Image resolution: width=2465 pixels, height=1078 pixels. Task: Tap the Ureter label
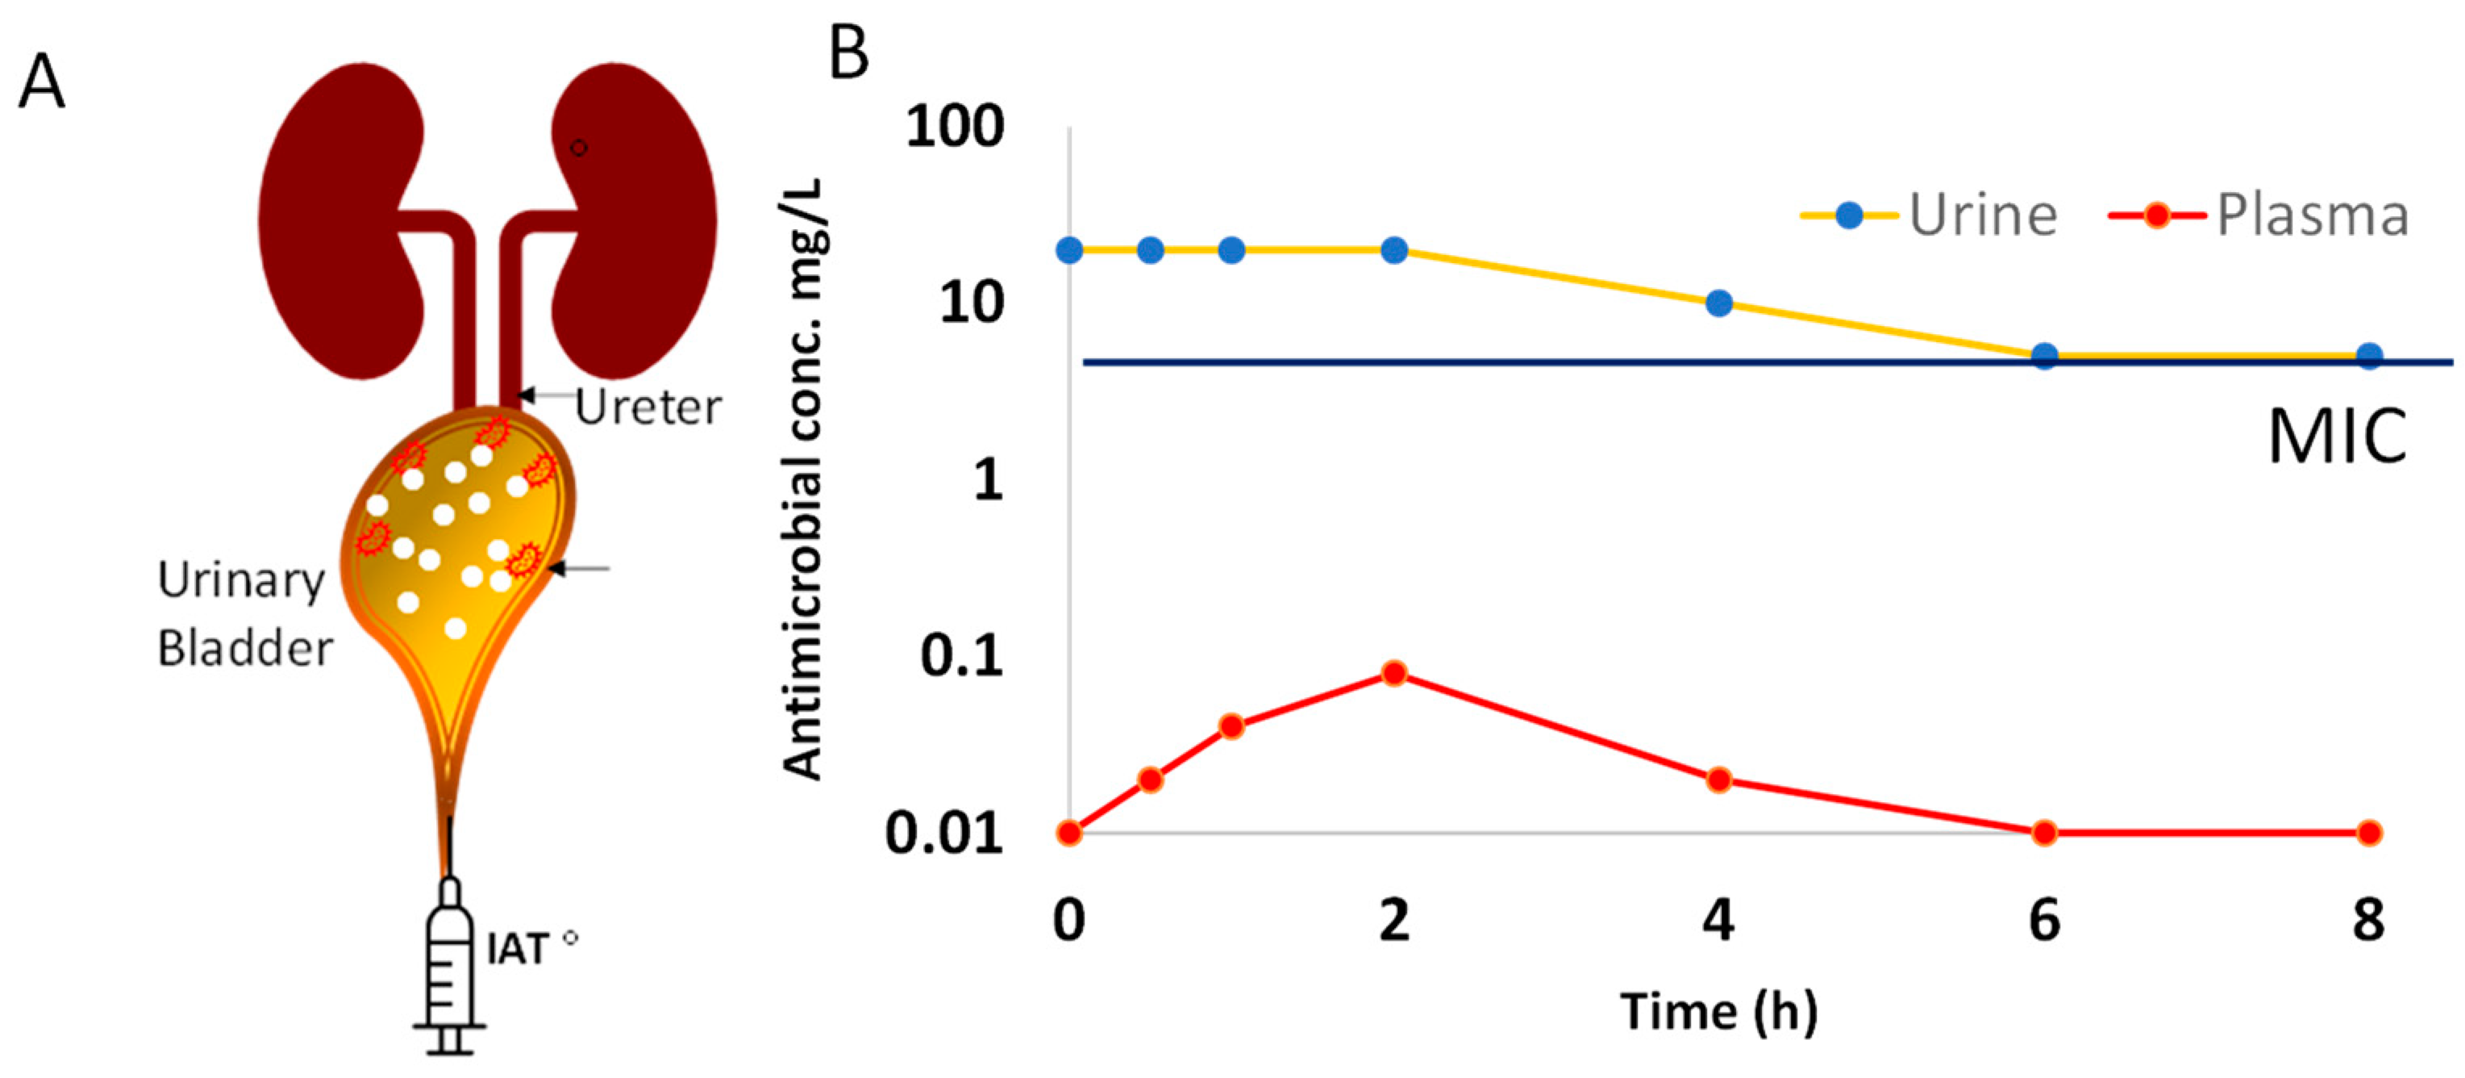click(x=647, y=407)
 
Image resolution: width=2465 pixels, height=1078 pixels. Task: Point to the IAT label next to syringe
click(x=518, y=950)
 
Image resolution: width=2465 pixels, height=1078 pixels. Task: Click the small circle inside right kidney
click(x=578, y=148)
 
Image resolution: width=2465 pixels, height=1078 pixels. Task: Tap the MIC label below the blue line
click(x=2336, y=437)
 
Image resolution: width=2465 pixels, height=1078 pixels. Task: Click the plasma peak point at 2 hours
click(x=1394, y=673)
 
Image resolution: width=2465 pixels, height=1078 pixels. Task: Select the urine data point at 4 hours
click(x=1718, y=303)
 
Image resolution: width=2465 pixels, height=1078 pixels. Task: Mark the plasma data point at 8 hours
click(x=2368, y=832)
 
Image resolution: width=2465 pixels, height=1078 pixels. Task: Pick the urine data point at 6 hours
click(x=2044, y=356)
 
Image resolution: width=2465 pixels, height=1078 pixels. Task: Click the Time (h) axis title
click(x=1718, y=1012)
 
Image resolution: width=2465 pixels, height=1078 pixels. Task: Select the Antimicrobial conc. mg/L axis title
click(x=803, y=478)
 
